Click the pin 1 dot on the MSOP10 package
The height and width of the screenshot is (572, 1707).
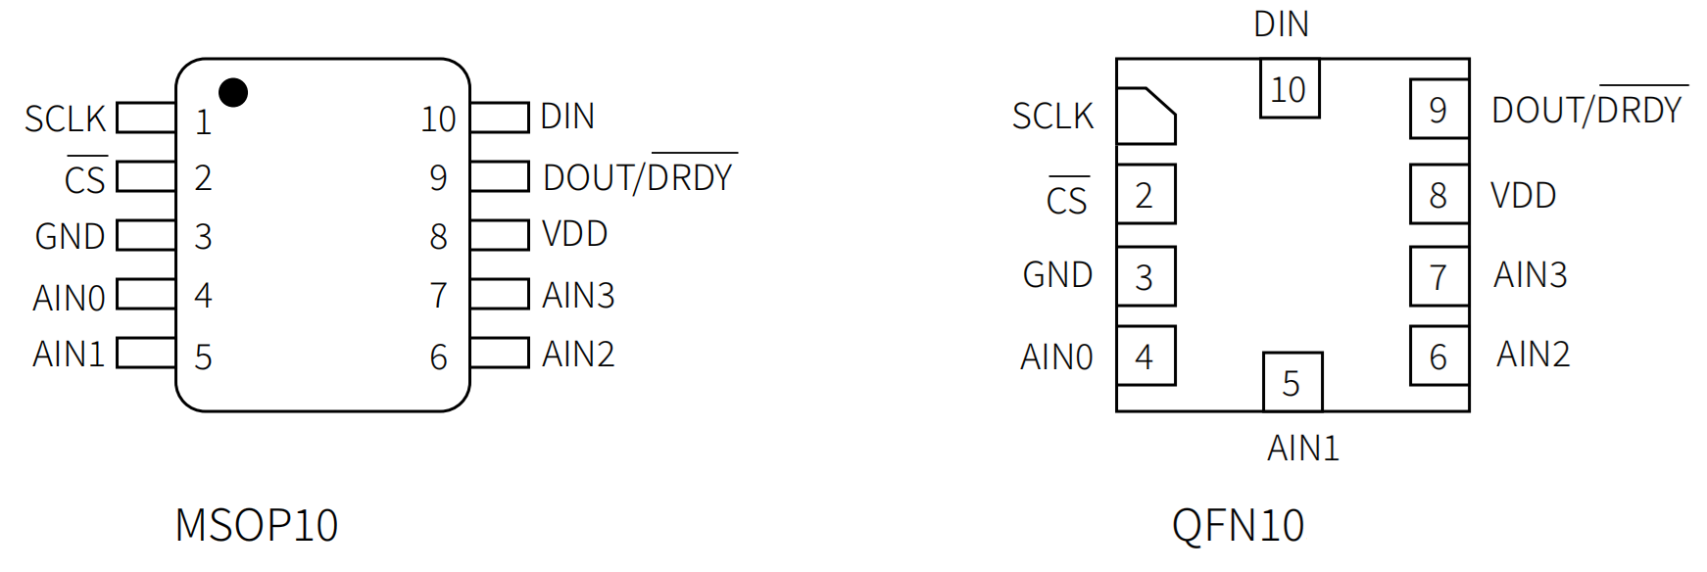tap(233, 92)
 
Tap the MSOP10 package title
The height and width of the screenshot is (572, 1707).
tap(256, 525)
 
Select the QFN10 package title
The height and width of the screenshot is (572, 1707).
tap(1238, 525)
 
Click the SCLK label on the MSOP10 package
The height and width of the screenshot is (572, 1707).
tap(65, 119)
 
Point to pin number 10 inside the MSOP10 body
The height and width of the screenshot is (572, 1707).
tap(438, 119)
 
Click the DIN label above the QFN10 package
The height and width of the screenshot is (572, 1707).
tap(1281, 24)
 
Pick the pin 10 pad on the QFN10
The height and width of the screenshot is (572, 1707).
tap(1289, 89)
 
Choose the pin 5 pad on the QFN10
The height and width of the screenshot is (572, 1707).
tap(1292, 382)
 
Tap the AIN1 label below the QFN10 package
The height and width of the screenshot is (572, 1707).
tap(1302, 448)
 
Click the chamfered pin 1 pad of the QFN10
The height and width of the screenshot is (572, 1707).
tap(1145, 116)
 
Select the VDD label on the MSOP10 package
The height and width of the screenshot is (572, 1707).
tap(574, 234)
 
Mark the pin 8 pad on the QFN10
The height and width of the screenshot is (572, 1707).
tap(1439, 195)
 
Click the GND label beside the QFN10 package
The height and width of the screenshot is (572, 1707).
tap(1057, 275)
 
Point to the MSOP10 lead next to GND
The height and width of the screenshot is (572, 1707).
tap(146, 236)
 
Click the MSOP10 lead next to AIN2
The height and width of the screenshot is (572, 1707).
tap(500, 354)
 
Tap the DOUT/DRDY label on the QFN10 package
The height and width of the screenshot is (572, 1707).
tap(1585, 110)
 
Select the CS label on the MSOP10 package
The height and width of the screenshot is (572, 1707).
tap(84, 179)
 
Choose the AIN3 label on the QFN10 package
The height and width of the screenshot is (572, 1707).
tap(1530, 275)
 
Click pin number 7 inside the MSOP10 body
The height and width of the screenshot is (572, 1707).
tap(438, 295)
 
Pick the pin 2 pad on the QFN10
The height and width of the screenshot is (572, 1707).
tap(1145, 195)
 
